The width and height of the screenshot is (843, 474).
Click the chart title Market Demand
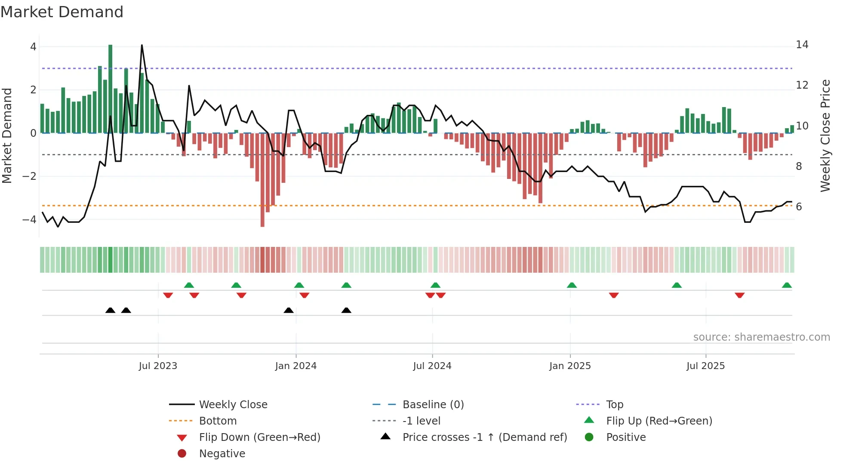pyautogui.click(x=62, y=12)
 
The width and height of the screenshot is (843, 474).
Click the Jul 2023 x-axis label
pyautogui.click(x=158, y=366)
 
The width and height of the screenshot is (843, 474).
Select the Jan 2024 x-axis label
pyautogui.click(x=296, y=366)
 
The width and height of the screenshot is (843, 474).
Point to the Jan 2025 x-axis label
pyautogui.click(x=570, y=366)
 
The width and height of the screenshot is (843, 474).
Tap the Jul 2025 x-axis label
pyautogui.click(x=705, y=366)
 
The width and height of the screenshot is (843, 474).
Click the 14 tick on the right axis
pyautogui.click(x=802, y=45)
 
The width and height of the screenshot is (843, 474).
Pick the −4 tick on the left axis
pyautogui.click(x=30, y=219)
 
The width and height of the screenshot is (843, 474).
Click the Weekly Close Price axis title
pyautogui.click(x=825, y=135)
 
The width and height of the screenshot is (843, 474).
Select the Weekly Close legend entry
pyautogui.click(x=233, y=405)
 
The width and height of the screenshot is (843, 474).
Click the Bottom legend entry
pyautogui.click(x=218, y=421)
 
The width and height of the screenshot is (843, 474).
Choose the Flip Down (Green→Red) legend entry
pyautogui.click(x=259, y=437)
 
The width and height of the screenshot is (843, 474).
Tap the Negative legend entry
pyautogui.click(x=222, y=454)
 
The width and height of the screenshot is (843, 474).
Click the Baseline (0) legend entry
pyautogui.click(x=433, y=405)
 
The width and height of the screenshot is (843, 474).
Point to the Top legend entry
pyautogui.click(x=614, y=405)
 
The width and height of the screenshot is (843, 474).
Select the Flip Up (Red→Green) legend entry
pyautogui.click(x=659, y=421)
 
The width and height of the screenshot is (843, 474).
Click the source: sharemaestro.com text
pyautogui.click(x=761, y=337)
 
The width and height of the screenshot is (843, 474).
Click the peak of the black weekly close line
pyautogui.click(x=142, y=45)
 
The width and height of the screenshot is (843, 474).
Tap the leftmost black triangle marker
pyautogui.click(x=111, y=310)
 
